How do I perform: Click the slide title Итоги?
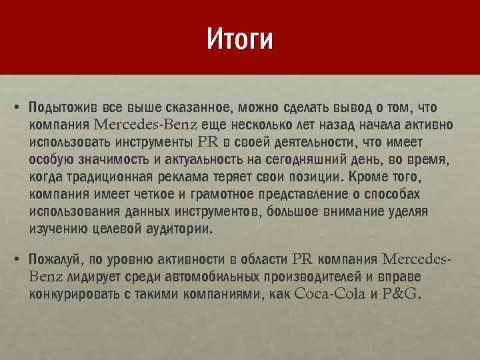[x=239, y=39]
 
